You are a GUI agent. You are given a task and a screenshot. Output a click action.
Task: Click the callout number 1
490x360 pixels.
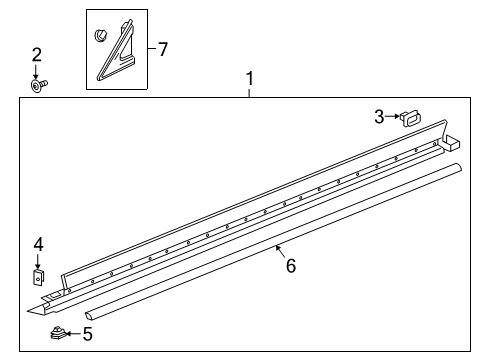pos(250,78)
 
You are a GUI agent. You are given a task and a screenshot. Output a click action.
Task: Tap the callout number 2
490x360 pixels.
pos(37,54)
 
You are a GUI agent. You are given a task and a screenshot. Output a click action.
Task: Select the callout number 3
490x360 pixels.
pos(379,118)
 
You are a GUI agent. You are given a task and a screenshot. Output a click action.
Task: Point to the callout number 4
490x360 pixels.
pos(38,243)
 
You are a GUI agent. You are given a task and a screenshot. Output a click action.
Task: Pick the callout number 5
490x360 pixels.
pos(87,335)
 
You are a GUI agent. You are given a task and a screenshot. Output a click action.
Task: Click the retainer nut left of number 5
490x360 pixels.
pos(58,334)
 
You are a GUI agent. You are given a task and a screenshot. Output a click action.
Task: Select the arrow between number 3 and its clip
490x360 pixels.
pos(393,118)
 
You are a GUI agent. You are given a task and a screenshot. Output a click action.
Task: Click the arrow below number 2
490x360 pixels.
pos(37,72)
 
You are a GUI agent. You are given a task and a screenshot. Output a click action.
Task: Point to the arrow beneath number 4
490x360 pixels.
pos(38,260)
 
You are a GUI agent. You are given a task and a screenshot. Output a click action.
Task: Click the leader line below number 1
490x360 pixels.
pos(250,91)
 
